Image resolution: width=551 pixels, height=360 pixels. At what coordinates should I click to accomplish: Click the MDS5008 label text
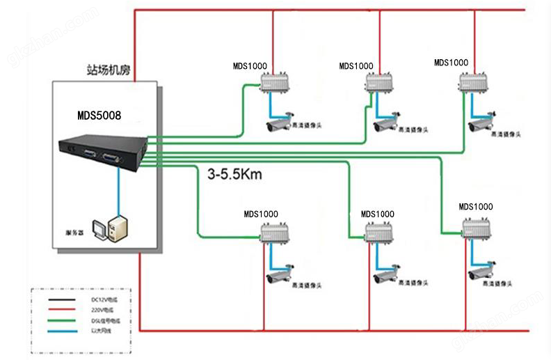(x=98, y=115)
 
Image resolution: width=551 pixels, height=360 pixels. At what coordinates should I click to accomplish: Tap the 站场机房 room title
(x=106, y=70)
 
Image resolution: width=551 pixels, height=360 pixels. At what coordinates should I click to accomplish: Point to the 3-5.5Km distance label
(x=234, y=175)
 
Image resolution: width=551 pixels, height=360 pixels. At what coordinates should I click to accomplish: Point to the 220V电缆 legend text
(x=101, y=310)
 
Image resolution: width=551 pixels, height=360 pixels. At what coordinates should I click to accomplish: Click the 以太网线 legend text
(x=102, y=331)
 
